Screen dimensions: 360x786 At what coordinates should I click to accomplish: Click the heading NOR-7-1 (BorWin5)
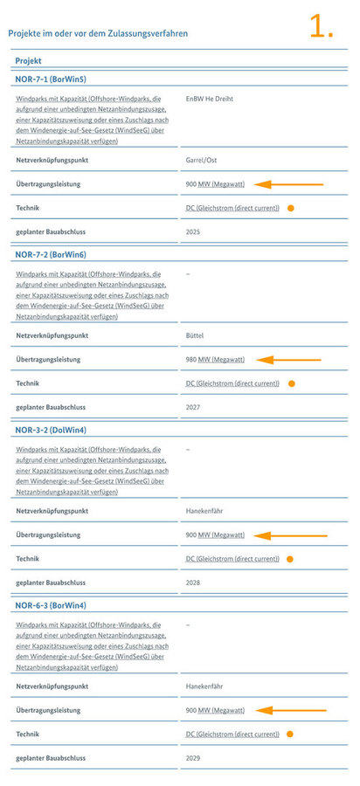51,79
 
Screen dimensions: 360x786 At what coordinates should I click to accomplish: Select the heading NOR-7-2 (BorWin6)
51,254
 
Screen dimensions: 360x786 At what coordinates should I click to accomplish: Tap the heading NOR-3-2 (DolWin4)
51,430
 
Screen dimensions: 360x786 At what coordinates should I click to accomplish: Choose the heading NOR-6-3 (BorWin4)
51,605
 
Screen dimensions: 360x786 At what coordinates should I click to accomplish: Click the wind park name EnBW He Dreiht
211,100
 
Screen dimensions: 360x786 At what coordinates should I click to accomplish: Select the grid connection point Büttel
196,335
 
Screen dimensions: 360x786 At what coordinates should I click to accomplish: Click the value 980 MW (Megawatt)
215,359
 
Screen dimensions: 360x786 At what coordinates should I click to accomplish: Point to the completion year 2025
193,231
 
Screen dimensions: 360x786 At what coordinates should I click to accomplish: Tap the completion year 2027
193,407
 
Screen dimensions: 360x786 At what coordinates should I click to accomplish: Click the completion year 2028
193,583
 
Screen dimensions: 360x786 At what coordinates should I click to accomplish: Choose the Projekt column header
29,61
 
